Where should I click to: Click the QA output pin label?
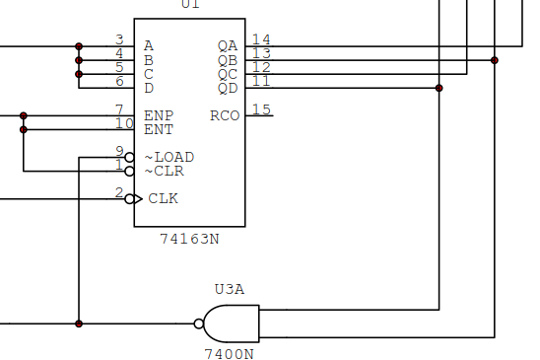(227, 45)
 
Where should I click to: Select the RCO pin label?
(224, 115)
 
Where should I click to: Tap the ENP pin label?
(159, 115)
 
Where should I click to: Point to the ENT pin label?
(159, 129)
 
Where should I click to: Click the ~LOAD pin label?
(169, 157)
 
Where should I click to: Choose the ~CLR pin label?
(164, 171)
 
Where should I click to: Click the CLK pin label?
(163, 198)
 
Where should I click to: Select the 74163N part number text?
(190, 239)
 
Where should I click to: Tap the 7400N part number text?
(229, 352)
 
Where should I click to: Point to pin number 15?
(261, 108)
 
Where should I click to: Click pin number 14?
(261, 39)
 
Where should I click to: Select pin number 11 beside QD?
(261, 81)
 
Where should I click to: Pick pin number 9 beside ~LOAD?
(119, 150)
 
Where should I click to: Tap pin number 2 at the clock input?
(119, 191)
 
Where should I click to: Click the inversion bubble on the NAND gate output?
(199, 324)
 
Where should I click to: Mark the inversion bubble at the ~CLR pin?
(129, 171)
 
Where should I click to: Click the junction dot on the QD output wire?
(439, 88)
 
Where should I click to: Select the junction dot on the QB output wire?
(495, 60)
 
